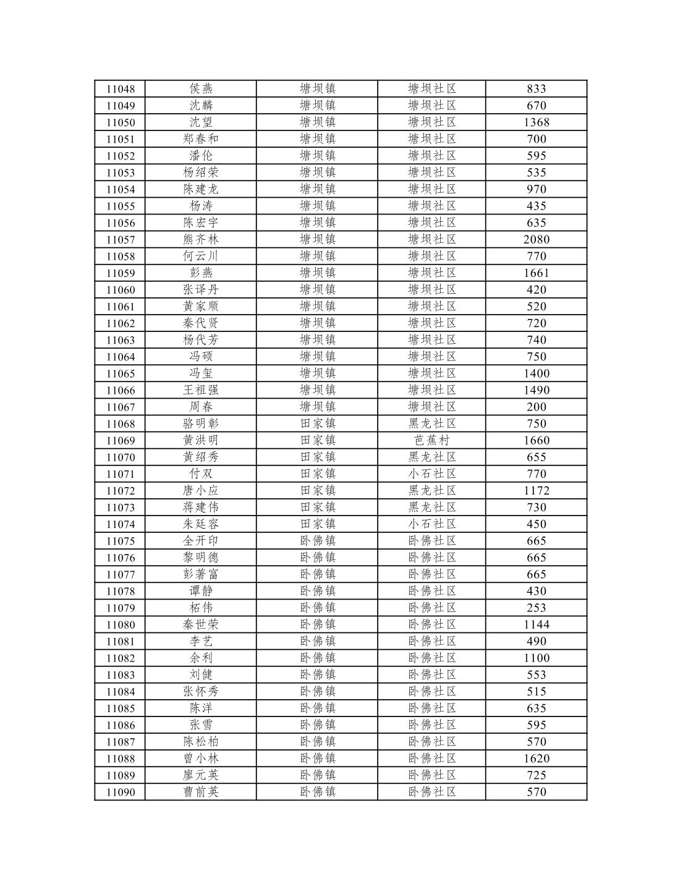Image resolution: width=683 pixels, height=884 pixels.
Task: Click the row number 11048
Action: click(121, 89)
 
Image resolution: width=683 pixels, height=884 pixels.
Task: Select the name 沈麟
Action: click(201, 106)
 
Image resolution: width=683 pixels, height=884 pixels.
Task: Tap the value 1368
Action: click(536, 122)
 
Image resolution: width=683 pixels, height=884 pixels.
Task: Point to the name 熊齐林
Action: click(201, 239)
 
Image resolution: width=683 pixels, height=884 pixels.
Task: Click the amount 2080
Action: click(536, 239)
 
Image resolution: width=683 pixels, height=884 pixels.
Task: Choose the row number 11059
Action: click(121, 273)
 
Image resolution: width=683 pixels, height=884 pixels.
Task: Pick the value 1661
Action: click(536, 273)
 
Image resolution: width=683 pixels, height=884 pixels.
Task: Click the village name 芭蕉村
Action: click(431, 440)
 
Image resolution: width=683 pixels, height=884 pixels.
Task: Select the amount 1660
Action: click(536, 440)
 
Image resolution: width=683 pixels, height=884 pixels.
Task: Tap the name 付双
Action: click(201, 474)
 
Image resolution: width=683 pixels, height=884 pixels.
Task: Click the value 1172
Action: click(536, 491)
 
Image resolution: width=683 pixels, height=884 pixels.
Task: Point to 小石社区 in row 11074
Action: click(431, 524)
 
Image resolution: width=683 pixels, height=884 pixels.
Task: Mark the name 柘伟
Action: click(201, 608)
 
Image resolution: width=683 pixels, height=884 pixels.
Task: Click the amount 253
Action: click(536, 608)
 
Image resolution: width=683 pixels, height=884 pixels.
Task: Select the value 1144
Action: click(536, 624)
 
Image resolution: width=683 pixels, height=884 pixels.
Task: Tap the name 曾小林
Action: click(201, 759)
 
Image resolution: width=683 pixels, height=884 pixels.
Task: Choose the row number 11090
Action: click(121, 793)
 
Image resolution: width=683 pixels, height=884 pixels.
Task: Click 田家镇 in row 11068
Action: click(317, 423)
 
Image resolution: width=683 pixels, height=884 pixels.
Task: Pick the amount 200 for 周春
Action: click(536, 407)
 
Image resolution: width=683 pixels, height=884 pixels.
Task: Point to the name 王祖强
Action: click(201, 390)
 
